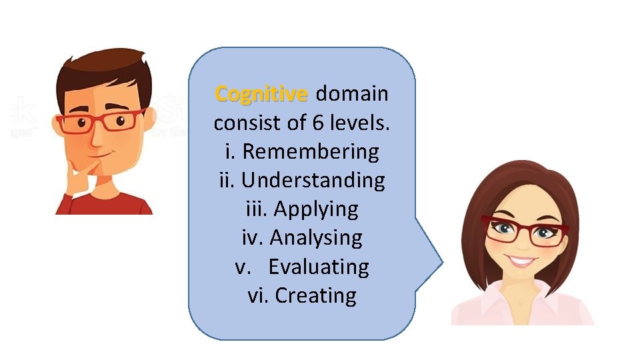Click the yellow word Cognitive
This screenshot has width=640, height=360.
click(261, 94)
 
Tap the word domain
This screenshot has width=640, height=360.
click(352, 94)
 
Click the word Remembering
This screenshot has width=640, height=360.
click(311, 152)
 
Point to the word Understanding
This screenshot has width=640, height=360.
click(313, 181)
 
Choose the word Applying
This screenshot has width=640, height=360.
click(316, 209)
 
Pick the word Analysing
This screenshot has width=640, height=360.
click(316, 238)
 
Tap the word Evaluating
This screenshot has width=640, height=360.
click(319, 267)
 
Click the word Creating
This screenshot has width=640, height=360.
click(315, 295)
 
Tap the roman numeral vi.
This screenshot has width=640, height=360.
click(257, 295)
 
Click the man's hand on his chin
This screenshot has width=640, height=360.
click(79, 175)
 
